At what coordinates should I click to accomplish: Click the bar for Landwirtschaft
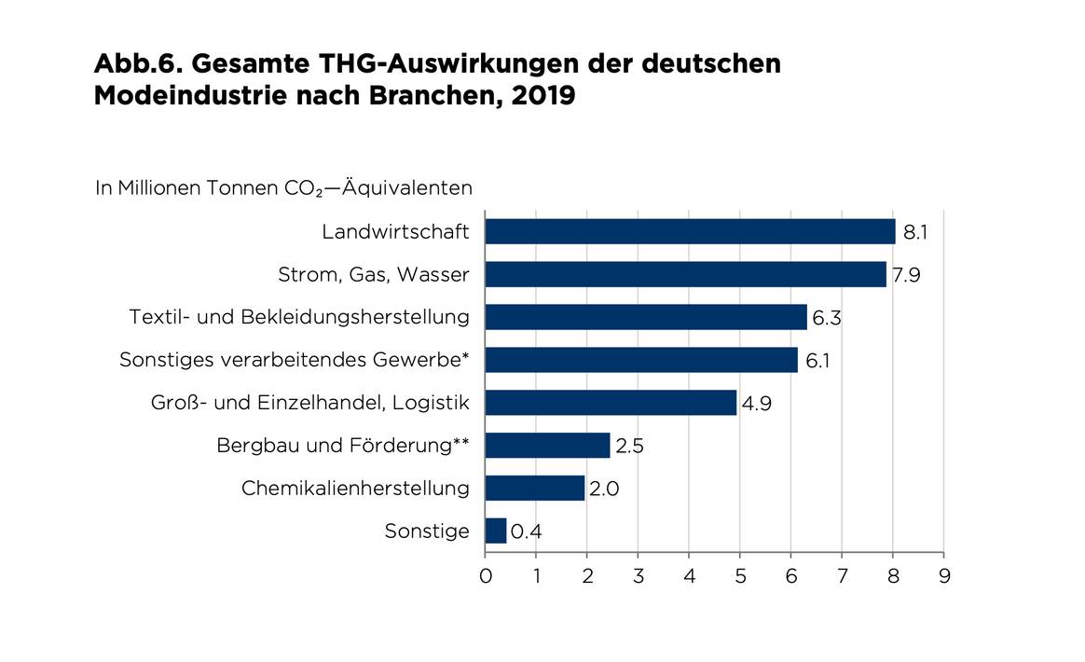(690, 231)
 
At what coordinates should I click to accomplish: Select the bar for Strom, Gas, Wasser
(685, 274)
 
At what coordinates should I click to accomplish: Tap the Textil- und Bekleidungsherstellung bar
(645, 317)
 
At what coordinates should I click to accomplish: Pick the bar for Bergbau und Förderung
(547, 446)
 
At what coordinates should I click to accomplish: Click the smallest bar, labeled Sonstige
(495, 531)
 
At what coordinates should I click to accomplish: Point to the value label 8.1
(915, 232)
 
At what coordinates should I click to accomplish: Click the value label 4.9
(756, 404)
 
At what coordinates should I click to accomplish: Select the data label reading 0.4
(527, 532)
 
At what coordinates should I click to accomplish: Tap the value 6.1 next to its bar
(817, 361)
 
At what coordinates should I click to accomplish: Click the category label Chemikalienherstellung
(355, 489)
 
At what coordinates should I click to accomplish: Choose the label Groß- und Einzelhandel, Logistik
(309, 403)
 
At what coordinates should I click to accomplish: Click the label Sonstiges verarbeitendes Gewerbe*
(295, 360)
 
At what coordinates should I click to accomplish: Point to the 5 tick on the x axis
(739, 576)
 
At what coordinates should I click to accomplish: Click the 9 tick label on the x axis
(943, 576)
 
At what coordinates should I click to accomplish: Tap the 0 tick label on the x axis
(486, 576)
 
